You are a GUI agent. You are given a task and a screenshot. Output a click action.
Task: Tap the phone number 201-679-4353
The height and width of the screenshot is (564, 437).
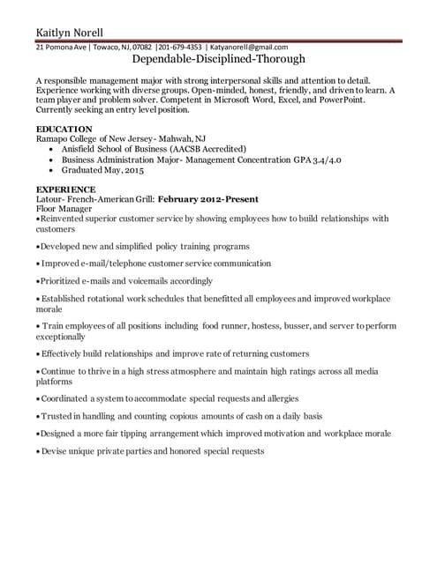[180, 48]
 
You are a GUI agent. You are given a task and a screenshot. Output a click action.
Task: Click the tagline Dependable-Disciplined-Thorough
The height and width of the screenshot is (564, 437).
[218, 60]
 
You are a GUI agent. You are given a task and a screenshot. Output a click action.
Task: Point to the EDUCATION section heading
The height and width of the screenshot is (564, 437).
[64, 130]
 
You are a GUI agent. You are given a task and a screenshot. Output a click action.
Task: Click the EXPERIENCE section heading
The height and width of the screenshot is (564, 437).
[65, 189]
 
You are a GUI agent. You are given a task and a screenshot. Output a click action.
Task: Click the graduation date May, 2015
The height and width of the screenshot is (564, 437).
[122, 170]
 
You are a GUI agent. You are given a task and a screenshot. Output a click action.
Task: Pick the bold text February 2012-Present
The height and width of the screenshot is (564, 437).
[209, 199]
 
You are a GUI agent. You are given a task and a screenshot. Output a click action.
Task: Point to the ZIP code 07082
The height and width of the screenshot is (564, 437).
[141, 48]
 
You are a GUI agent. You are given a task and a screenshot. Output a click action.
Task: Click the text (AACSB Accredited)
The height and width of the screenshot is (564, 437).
[207, 149]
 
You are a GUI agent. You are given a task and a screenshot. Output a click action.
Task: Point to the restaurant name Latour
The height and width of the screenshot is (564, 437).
[50, 199]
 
